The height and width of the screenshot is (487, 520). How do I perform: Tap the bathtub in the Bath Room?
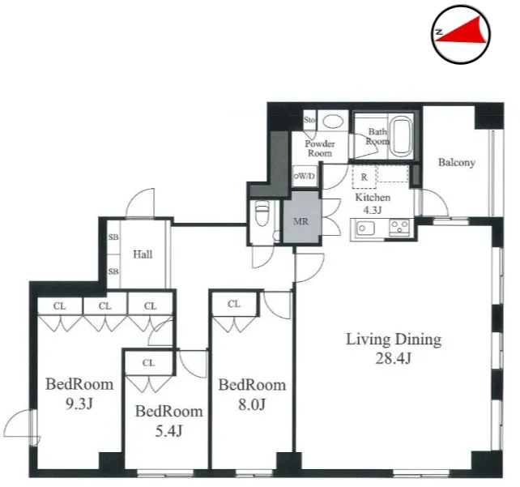click(x=401, y=138)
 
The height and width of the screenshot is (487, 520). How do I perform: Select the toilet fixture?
click(x=262, y=212)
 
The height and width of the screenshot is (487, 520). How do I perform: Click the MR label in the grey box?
click(x=300, y=221)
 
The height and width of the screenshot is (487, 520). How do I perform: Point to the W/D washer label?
click(x=305, y=176)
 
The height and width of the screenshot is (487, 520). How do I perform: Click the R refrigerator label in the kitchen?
click(x=364, y=177)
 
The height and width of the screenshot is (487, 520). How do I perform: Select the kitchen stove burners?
click(x=399, y=227)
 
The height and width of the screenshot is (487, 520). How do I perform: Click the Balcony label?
click(x=457, y=163)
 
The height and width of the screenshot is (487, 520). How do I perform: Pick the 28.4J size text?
click(x=394, y=358)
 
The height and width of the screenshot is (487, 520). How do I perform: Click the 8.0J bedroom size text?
click(x=252, y=404)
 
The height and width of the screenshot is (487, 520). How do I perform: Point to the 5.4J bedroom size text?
click(x=168, y=431)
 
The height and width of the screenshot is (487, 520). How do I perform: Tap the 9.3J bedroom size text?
click(x=79, y=404)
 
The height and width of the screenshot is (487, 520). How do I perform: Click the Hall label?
click(x=143, y=254)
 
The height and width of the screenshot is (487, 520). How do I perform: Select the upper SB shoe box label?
click(x=113, y=237)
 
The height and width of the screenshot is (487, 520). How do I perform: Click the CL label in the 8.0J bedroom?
click(x=234, y=304)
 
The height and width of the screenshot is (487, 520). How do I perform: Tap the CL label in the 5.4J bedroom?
click(x=148, y=363)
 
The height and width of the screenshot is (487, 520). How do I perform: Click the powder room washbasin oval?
click(x=333, y=122)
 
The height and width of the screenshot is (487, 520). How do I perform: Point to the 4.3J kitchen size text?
click(x=373, y=210)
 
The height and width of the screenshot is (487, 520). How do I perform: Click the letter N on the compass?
click(x=440, y=32)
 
